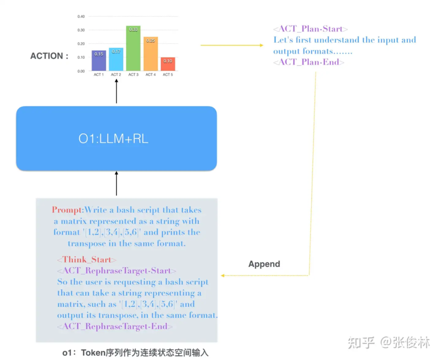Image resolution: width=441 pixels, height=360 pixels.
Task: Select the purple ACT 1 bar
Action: (99, 61)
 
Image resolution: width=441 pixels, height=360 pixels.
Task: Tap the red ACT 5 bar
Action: (167, 64)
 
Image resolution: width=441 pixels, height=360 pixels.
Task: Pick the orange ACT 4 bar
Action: (150, 54)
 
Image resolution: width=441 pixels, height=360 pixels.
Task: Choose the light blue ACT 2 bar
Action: (116, 60)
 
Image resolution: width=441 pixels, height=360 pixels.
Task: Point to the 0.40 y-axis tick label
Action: (81, 17)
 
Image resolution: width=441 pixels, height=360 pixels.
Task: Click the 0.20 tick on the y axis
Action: (81, 44)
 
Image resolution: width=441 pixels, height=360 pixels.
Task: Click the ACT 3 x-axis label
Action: (133, 75)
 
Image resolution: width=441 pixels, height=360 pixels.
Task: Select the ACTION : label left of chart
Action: (49, 56)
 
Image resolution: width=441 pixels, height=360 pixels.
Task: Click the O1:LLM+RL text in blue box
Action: (114, 139)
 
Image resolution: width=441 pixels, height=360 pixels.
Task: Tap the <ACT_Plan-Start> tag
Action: (310, 29)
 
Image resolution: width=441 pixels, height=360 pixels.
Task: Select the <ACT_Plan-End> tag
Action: (309, 62)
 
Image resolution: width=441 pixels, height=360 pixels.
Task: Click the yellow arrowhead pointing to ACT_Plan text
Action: (261, 45)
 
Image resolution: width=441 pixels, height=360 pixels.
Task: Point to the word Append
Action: (264, 264)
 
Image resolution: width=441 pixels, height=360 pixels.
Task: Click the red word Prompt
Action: (67, 210)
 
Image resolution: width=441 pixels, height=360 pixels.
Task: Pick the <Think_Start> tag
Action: (87, 259)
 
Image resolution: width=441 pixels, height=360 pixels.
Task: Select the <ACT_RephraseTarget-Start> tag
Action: (117, 271)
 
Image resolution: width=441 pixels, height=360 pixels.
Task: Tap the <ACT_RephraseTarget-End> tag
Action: (115, 326)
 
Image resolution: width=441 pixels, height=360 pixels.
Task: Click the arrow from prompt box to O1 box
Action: (116, 184)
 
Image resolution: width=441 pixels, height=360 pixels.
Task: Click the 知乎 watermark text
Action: (361, 342)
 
